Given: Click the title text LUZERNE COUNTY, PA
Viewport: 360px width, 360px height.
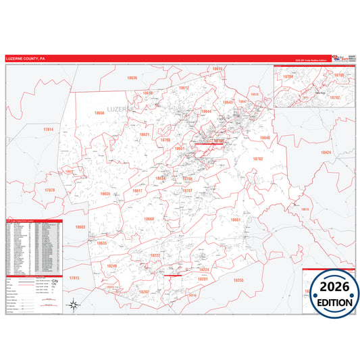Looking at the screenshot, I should click(x=26, y=59).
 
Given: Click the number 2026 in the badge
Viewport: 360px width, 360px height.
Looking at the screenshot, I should click(x=331, y=288).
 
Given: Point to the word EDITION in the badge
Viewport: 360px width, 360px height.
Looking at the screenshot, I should click(x=332, y=303).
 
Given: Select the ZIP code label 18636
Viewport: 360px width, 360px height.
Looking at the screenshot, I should click(x=132, y=78).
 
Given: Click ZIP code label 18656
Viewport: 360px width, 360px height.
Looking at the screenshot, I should click(x=99, y=113).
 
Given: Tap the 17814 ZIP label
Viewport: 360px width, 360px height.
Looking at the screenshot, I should click(x=48, y=128).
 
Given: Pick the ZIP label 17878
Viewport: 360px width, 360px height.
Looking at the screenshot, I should click(x=49, y=190).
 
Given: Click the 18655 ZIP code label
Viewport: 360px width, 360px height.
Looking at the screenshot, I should click(x=105, y=194).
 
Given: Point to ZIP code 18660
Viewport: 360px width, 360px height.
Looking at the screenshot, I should click(x=149, y=220).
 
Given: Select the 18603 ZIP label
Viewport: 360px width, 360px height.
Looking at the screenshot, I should click(x=80, y=228).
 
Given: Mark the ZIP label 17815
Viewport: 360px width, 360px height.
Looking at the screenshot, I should click(x=74, y=278).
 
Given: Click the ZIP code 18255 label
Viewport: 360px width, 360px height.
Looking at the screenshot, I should click(x=238, y=279).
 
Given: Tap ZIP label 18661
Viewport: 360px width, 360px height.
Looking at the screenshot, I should click(x=236, y=220).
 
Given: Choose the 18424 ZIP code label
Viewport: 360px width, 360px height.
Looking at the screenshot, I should click(x=326, y=153).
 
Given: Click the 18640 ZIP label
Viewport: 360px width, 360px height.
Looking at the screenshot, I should click(x=264, y=138).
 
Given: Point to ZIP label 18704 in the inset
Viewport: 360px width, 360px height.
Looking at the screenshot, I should click(x=288, y=77).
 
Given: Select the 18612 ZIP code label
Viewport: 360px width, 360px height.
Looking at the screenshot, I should click(x=184, y=88).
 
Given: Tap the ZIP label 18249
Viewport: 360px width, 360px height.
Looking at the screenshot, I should click(x=111, y=266).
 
